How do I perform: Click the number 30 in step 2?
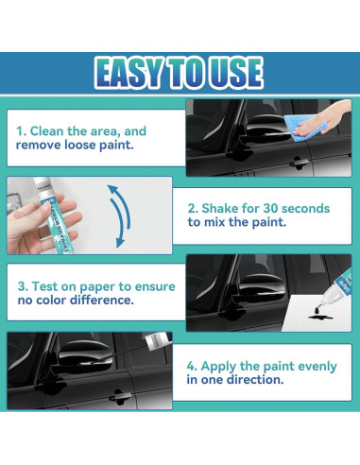270,208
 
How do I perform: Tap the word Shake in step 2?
220,208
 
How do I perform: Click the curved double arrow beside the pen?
121,215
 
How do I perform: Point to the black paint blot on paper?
319,315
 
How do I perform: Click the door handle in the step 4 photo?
120,396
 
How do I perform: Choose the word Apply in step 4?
219,367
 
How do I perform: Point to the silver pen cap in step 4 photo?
157,341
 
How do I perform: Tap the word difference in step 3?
102,300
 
